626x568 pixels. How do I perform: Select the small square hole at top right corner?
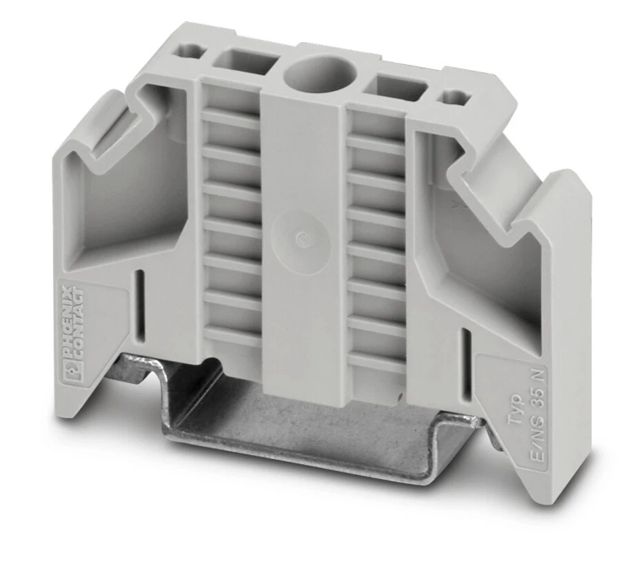(x=454, y=97)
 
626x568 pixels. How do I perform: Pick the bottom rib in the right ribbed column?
(x=376, y=363)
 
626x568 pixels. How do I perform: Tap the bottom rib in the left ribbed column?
(x=233, y=336)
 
